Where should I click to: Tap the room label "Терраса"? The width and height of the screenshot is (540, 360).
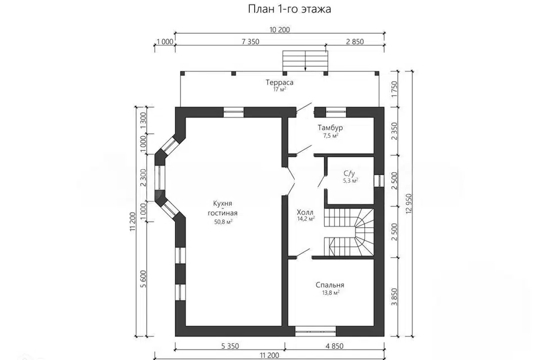click(x=280, y=83)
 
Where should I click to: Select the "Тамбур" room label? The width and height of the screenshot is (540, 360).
click(x=330, y=128)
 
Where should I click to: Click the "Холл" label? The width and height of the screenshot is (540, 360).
click(x=305, y=212)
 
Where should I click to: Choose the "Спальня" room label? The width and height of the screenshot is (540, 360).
click(x=330, y=285)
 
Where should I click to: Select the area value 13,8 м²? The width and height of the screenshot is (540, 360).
click(x=330, y=293)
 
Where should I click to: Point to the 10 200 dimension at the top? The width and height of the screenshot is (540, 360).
click(x=280, y=30)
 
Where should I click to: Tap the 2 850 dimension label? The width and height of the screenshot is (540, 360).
click(x=355, y=42)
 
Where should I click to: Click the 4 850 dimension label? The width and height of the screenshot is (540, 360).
click(x=336, y=345)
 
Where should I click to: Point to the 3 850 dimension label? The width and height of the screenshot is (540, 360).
click(x=395, y=294)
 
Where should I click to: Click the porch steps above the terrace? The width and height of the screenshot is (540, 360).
click(x=305, y=60)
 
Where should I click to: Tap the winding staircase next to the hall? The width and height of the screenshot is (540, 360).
click(x=349, y=231)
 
